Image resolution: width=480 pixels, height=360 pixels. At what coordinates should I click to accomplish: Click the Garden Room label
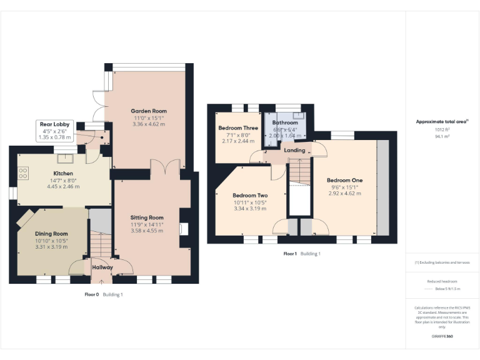click(x=149, y=111)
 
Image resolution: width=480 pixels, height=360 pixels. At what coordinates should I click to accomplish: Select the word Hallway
click(x=102, y=267)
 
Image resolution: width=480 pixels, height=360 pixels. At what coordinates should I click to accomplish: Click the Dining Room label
click(x=51, y=233)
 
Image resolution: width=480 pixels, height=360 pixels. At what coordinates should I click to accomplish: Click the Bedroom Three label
click(x=238, y=128)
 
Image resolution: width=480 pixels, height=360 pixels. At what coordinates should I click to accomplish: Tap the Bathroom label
click(x=284, y=123)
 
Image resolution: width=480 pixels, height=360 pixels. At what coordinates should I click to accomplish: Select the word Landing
click(x=294, y=151)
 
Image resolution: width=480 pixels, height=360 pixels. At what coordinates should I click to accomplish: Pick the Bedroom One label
click(x=344, y=181)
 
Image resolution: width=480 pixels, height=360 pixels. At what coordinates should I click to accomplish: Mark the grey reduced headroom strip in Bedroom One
click(x=382, y=187)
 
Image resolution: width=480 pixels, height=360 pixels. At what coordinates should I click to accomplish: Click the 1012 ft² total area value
click(x=442, y=129)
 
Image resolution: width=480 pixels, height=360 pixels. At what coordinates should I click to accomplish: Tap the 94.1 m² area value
click(x=442, y=135)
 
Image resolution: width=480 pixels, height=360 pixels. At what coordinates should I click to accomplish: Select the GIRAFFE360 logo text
click(x=442, y=337)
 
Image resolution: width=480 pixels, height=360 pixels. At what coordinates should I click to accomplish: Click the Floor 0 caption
click(x=92, y=294)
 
